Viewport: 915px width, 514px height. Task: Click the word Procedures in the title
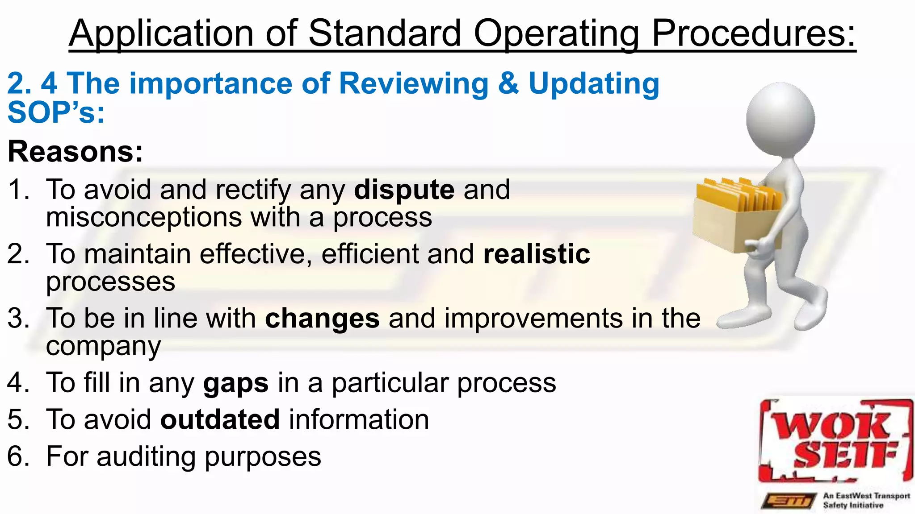tap(753, 34)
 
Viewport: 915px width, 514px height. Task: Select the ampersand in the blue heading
tap(508, 84)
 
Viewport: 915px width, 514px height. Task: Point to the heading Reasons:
tap(76, 152)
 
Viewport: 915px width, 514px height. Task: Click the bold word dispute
tap(404, 190)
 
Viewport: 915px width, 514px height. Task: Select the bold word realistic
tap(537, 254)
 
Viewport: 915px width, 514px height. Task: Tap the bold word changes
tap(322, 319)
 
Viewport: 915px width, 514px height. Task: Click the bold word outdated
tap(220, 420)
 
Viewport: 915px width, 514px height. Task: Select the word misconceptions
tap(144, 218)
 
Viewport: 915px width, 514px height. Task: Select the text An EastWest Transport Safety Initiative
tap(866, 501)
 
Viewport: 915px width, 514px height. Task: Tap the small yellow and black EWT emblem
tap(789, 501)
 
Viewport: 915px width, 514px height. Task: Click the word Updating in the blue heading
tap(594, 84)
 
